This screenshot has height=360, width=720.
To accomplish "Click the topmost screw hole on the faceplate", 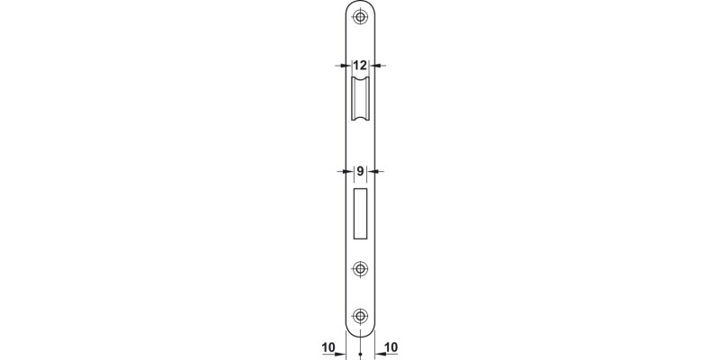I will point(360,17).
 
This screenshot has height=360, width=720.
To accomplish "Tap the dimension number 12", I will point(360,66).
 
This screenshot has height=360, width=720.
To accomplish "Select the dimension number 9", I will point(360,171).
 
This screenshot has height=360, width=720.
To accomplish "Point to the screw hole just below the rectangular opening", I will point(360,268).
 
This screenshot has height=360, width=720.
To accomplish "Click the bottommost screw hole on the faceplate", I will point(360,315).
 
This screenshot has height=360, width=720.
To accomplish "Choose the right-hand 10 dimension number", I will point(392,346).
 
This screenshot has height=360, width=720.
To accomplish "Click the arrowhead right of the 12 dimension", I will point(376,66).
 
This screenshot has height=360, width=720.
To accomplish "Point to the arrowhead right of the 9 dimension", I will point(376,171).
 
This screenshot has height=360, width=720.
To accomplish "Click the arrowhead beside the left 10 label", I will point(342,354).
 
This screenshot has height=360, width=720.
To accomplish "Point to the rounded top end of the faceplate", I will point(360,4).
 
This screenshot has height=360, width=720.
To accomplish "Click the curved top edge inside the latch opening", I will point(360,81).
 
